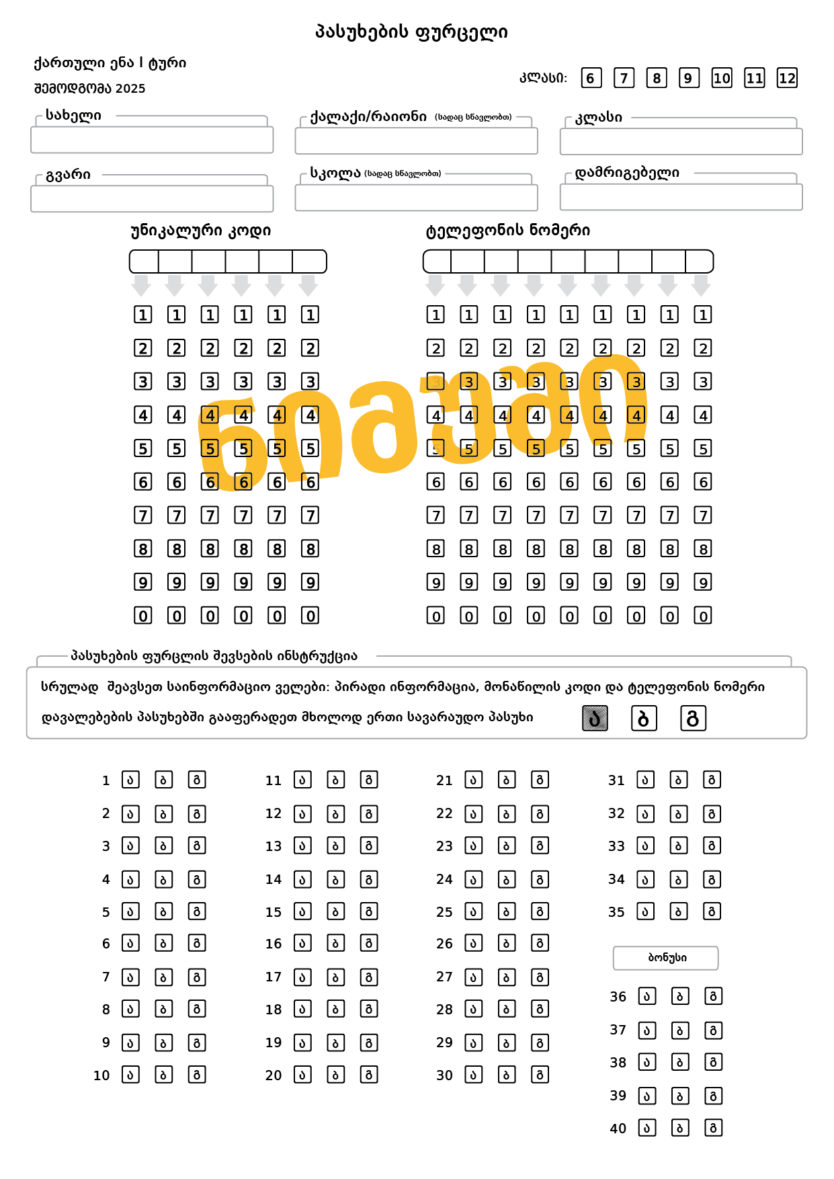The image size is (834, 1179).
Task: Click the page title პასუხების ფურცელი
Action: (x=411, y=32)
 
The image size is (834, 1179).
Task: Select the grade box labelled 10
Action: (x=722, y=78)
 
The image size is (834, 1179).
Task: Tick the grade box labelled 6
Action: (x=591, y=78)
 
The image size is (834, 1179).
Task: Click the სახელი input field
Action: (x=152, y=140)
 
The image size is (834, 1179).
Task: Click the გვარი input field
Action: (x=152, y=199)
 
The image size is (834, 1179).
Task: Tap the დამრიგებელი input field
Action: (x=681, y=198)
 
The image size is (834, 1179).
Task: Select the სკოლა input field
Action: (x=416, y=198)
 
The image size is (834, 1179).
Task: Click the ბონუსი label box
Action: (x=665, y=958)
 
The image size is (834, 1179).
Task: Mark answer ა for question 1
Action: (x=130, y=780)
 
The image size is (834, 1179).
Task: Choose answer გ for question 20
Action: (x=369, y=1075)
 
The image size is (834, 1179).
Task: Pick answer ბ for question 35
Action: (x=679, y=911)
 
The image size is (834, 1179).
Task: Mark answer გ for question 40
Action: (x=713, y=1128)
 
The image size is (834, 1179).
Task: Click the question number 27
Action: (x=444, y=977)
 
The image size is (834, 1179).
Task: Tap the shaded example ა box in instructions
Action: (x=595, y=719)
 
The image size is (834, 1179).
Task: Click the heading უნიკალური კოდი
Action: (x=200, y=231)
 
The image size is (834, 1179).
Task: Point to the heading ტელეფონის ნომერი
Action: (x=507, y=231)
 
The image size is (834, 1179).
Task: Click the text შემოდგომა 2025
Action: (x=89, y=89)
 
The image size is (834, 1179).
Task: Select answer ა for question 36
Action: (x=647, y=996)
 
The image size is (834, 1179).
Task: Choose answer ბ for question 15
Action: (x=335, y=911)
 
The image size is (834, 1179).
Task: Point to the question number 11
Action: (x=273, y=780)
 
